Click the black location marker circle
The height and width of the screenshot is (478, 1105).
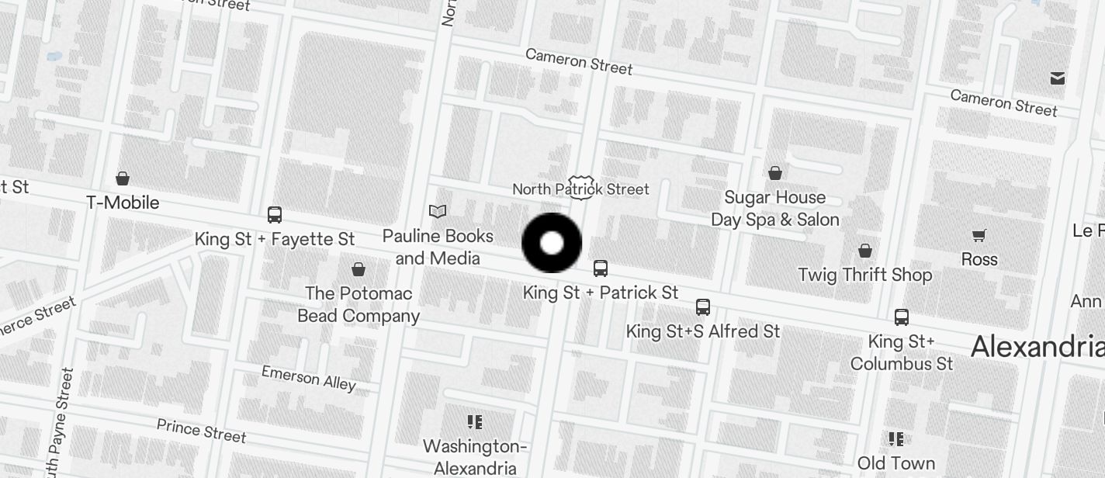click(x=552, y=243)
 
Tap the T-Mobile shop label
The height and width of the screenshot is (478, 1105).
click(x=123, y=203)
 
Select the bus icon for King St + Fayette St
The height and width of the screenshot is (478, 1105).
click(x=275, y=215)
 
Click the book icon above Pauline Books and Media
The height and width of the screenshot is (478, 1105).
click(x=438, y=211)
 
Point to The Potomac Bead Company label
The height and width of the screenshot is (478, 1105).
click(x=359, y=304)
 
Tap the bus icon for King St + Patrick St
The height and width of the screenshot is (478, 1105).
click(x=601, y=268)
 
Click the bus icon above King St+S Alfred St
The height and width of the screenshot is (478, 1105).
click(x=703, y=307)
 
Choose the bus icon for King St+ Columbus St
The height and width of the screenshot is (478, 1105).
click(x=902, y=317)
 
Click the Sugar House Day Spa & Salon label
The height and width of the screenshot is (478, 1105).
click(x=774, y=208)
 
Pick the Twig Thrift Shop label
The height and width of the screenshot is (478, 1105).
click(x=865, y=275)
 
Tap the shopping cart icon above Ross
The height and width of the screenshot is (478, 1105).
click(x=979, y=235)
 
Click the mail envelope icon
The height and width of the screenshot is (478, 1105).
click(x=1058, y=78)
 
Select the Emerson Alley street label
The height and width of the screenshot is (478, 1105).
click(x=308, y=378)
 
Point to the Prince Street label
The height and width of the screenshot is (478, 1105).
click(x=201, y=430)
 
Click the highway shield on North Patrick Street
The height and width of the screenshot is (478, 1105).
click(x=580, y=187)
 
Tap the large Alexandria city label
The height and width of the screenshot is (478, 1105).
click(x=1037, y=346)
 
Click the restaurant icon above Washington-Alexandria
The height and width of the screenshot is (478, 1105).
click(x=475, y=422)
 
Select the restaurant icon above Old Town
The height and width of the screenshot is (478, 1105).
click(x=896, y=439)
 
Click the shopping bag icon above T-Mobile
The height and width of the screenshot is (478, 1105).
click(x=123, y=178)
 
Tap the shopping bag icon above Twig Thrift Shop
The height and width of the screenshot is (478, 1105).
click(x=865, y=251)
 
